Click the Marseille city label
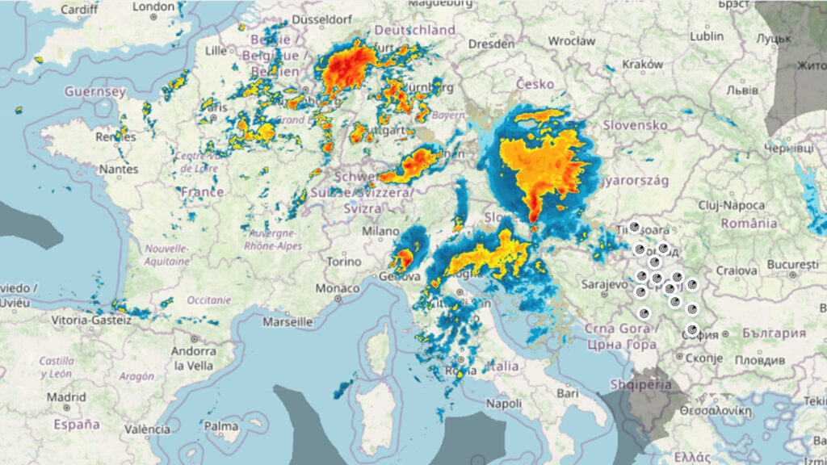tap(288, 321)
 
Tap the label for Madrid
tap(66, 397)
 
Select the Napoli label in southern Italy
tap(504, 403)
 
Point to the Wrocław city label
tap(571, 40)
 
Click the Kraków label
tap(643, 65)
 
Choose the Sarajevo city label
tap(605, 284)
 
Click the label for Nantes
tap(118, 170)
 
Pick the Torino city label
tap(344, 262)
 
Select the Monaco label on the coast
tap(338, 288)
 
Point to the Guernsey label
tap(95, 92)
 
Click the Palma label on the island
tap(221, 425)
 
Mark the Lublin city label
tap(707, 36)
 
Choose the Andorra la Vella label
tap(191, 358)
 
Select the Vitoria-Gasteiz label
tap(91, 320)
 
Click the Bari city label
tap(568, 393)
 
